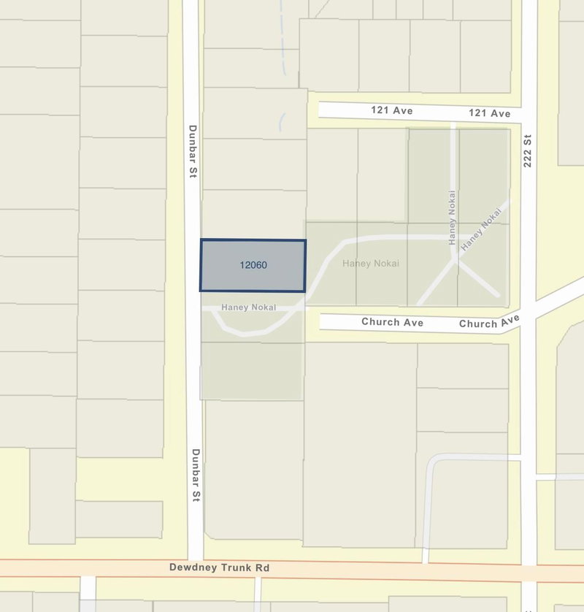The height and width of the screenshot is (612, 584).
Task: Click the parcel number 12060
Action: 253,265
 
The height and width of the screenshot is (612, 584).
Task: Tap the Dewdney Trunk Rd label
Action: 219,567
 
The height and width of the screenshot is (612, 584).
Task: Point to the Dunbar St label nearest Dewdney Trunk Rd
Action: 196,475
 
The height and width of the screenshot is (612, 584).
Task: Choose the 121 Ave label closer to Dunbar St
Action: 393,111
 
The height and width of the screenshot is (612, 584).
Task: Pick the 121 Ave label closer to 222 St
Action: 489,113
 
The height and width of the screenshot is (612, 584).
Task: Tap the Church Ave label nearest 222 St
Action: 489,322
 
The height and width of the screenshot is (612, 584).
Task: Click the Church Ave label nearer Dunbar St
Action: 392,322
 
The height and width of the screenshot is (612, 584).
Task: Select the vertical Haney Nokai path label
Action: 453,217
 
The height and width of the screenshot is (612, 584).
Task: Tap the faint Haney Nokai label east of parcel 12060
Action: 371,263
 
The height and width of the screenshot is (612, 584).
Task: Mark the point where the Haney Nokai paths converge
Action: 456,259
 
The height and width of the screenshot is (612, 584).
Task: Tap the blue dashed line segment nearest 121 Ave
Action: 281,122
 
